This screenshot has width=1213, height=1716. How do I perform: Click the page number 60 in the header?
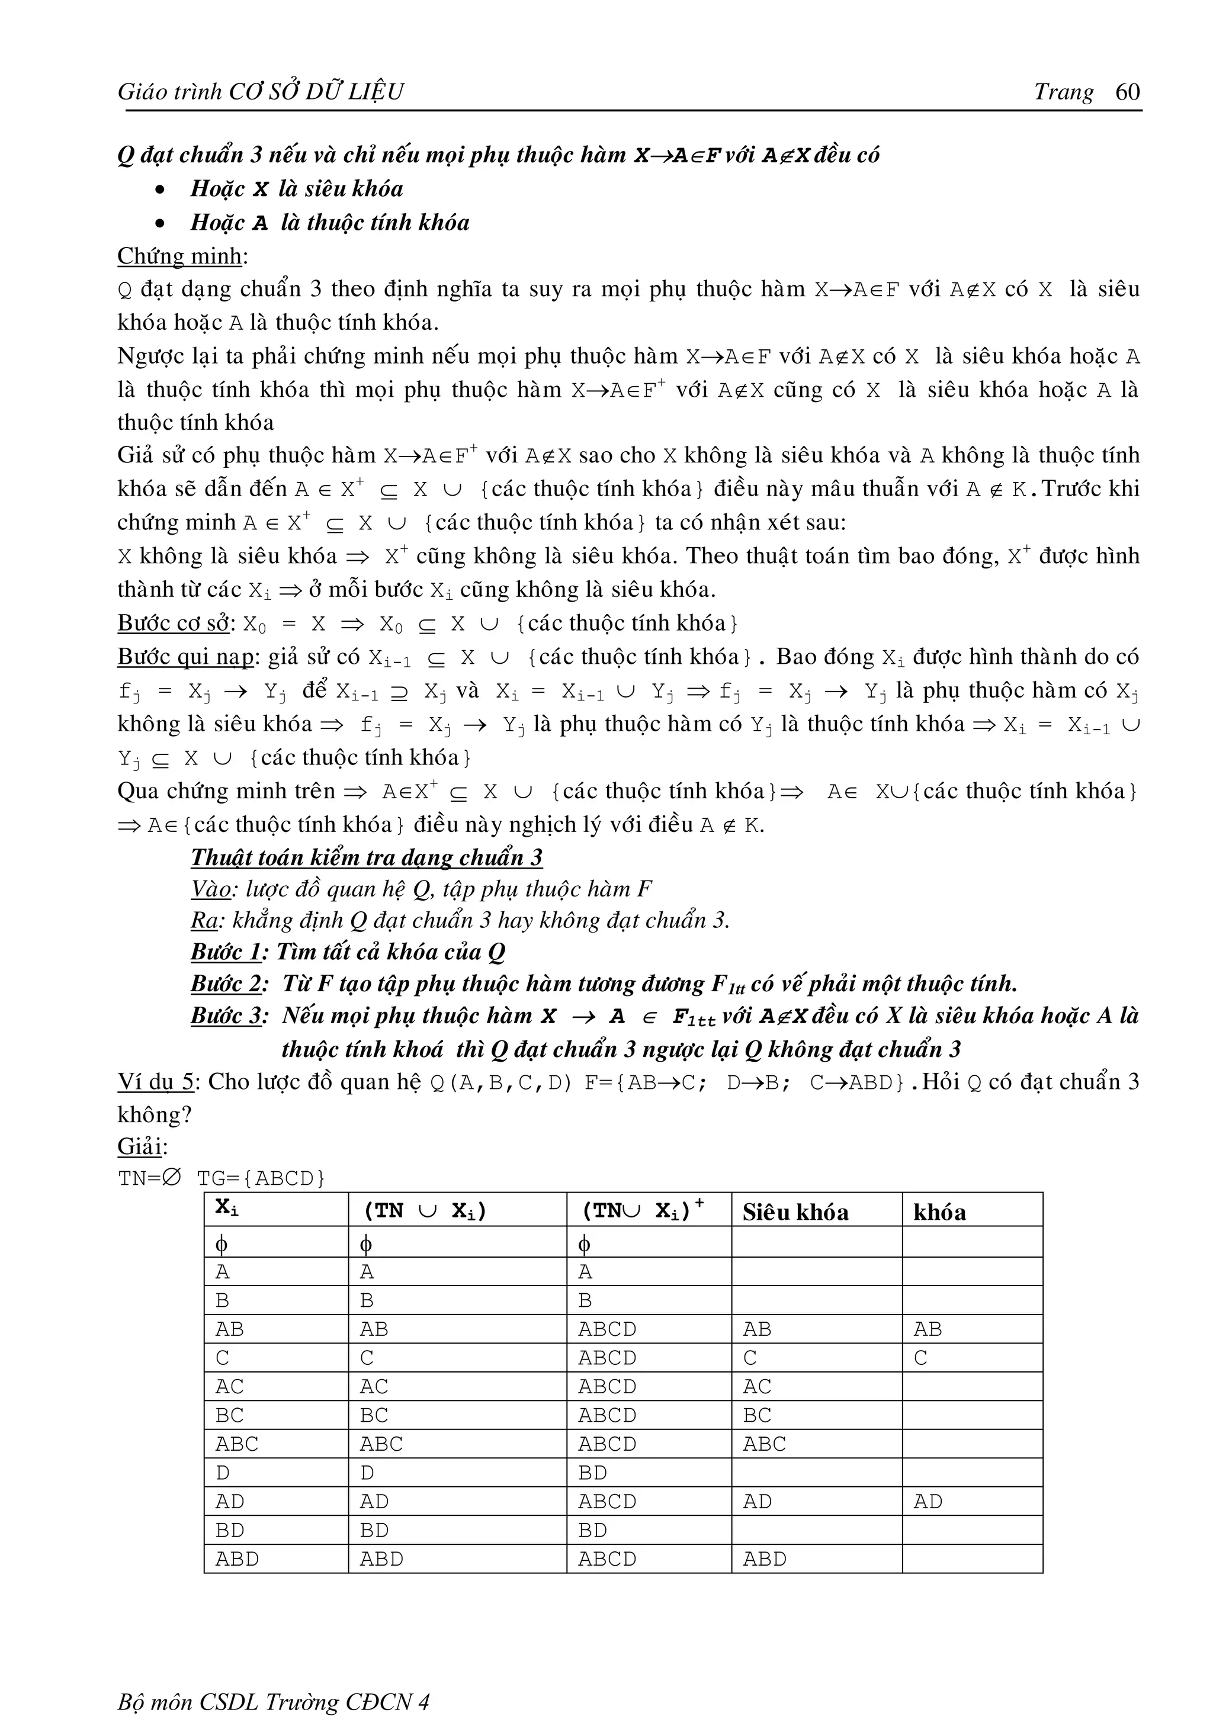1127,91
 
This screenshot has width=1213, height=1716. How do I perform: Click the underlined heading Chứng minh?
179,256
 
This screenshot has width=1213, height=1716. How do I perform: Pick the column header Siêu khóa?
795,1212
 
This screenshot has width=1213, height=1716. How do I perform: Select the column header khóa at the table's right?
939,1212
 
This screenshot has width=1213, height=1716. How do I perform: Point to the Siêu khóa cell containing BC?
756,1416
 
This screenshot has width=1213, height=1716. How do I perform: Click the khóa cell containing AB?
928,1329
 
